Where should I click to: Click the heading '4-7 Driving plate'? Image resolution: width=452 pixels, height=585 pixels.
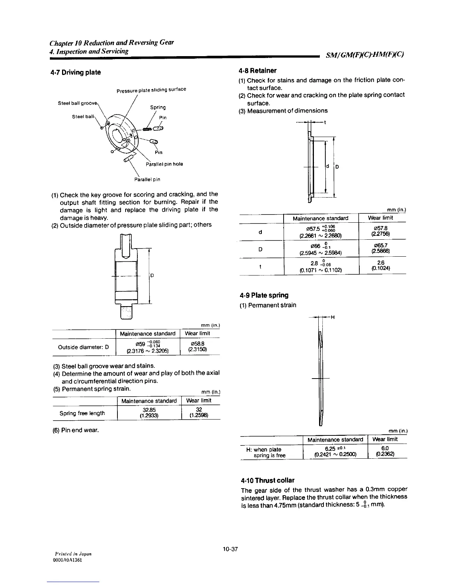coord(75,72)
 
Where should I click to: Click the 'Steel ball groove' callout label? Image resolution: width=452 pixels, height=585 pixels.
coord(78,103)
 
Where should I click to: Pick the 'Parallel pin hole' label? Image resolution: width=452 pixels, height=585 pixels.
coord(164,164)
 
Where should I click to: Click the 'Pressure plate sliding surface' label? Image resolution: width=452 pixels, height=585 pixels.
coord(151,89)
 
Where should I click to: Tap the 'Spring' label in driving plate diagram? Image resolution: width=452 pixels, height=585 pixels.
coord(158,107)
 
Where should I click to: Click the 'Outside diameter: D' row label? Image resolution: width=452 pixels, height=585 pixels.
coord(83,347)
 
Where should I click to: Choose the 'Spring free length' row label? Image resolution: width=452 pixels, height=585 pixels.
coord(82,413)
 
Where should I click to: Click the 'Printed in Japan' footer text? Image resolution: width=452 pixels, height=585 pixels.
coord(72,554)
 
